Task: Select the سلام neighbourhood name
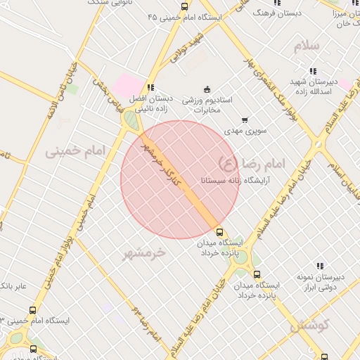(x=307, y=46)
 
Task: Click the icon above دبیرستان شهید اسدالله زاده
(x=312, y=70)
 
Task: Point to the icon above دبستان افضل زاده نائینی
(x=150, y=86)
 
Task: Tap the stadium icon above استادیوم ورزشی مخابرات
(x=206, y=89)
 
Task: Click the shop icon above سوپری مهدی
(x=245, y=120)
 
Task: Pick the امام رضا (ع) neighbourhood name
(x=252, y=164)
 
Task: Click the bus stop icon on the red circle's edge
(x=220, y=231)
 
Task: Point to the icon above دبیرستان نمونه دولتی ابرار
(x=320, y=266)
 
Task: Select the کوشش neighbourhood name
(x=309, y=326)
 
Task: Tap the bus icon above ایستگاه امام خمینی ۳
(x=32, y=310)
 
